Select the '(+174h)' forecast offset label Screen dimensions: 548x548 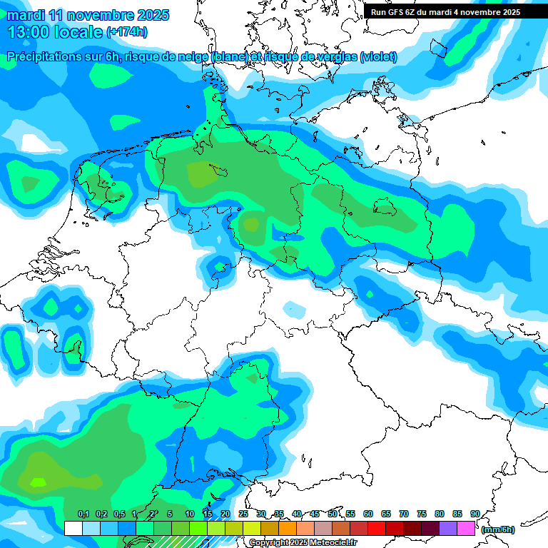point(126,32)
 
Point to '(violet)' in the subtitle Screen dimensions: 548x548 point(379,57)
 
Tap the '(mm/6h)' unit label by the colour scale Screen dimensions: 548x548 point(497,529)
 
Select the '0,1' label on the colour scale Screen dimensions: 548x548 point(83,514)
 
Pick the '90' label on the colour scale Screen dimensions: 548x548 point(475,514)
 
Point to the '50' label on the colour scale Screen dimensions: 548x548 point(332,514)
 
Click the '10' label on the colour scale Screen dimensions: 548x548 point(189,514)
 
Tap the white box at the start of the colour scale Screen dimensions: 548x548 point(73,529)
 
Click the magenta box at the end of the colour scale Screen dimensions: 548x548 point(466,529)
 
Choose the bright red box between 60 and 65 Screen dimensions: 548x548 point(377,529)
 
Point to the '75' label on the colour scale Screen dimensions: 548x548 point(421,514)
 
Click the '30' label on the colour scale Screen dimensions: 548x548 point(260,514)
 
